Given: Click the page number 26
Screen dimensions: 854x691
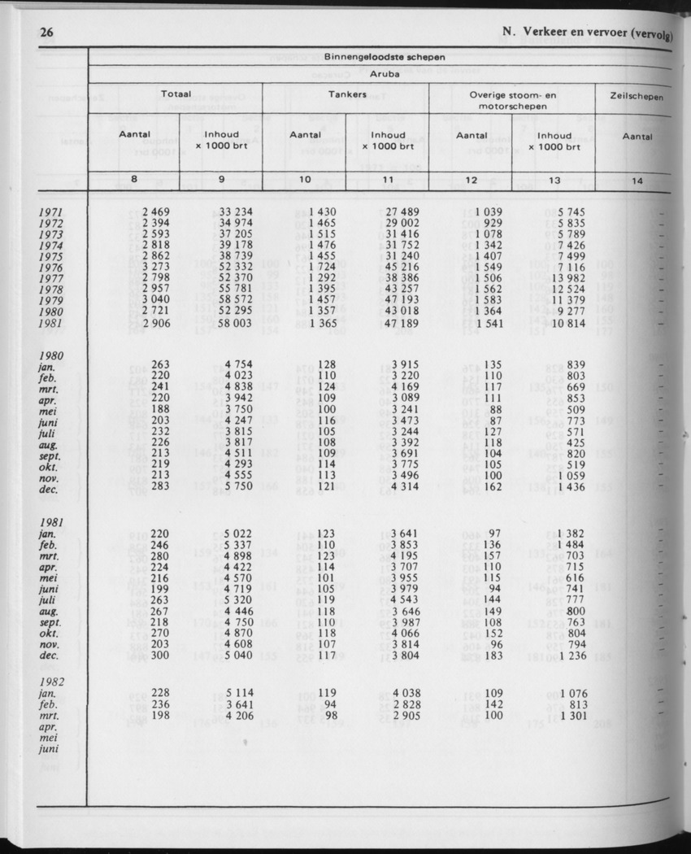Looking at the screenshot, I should [x=46, y=33].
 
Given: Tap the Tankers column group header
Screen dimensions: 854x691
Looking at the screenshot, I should [x=347, y=94].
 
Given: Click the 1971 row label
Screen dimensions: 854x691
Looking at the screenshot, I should [x=50, y=213].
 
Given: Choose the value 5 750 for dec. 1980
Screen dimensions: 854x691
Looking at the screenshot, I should [x=238, y=486].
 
